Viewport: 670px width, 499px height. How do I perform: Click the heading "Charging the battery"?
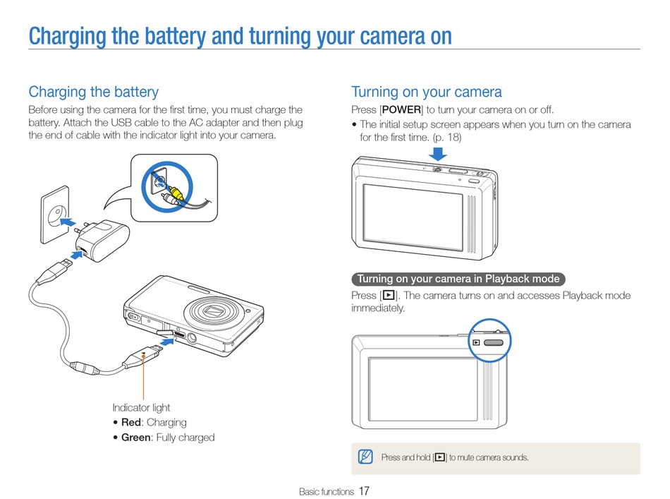(x=93, y=92)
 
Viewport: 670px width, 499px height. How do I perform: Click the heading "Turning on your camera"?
(x=426, y=92)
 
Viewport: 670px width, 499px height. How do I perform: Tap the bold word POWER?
(x=401, y=110)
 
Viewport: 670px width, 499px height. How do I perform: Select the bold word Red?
(x=132, y=423)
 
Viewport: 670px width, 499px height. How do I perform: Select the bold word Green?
(x=136, y=438)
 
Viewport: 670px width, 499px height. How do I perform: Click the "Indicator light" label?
(x=141, y=407)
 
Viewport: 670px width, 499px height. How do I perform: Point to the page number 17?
(x=364, y=491)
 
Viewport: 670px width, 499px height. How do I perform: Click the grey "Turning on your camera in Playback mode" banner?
(x=458, y=279)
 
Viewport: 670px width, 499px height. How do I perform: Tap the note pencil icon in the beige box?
(x=365, y=457)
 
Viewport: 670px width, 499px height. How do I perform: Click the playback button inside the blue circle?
(x=494, y=342)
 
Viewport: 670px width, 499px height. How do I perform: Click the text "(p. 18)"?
(x=446, y=137)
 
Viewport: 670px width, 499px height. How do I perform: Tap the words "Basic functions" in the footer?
(x=326, y=491)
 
